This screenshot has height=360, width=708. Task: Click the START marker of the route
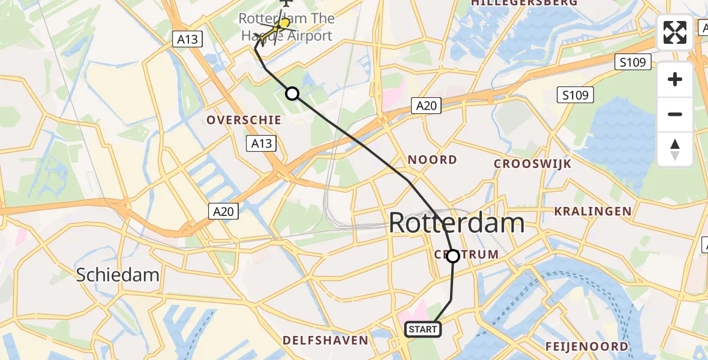pyautogui.click(x=423, y=329)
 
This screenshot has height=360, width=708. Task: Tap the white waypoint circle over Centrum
pyautogui.click(x=453, y=256)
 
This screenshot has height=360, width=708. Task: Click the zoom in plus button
pyautogui.click(x=675, y=80)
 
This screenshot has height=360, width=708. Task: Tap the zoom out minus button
pyautogui.click(x=675, y=114)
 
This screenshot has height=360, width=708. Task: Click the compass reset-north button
pyautogui.click(x=675, y=149)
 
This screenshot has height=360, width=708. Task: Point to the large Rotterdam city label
pyautogui.click(x=457, y=223)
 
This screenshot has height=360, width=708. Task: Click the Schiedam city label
pyautogui.click(x=118, y=275)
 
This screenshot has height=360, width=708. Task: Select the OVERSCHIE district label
pyautogui.click(x=244, y=120)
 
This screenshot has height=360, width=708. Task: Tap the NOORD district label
pyautogui.click(x=432, y=160)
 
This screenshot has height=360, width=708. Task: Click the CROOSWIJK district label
pyautogui.click(x=533, y=164)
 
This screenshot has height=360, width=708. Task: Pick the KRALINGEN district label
pyautogui.click(x=593, y=211)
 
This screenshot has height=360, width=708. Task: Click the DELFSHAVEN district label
pyautogui.click(x=325, y=341)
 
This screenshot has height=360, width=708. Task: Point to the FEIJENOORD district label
pyautogui.click(x=587, y=346)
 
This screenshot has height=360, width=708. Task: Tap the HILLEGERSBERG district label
pyautogui.click(x=524, y=3)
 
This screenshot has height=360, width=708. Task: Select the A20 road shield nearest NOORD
pyautogui.click(x=427, y=106)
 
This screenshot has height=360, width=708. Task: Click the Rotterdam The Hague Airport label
pyautogui.click(x=287, y=27)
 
